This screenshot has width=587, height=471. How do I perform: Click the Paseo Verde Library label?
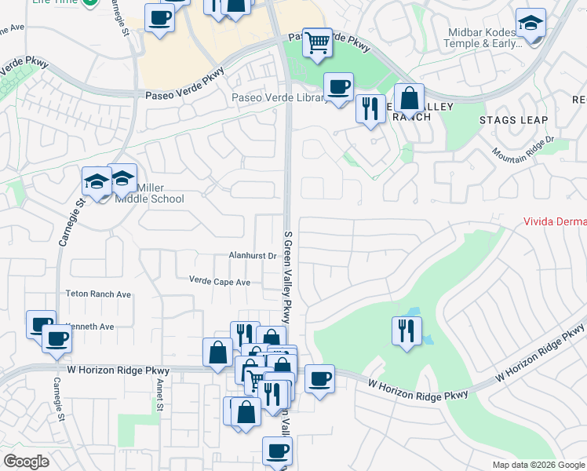coord(279,98)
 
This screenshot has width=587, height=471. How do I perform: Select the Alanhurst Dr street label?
coord(252,256)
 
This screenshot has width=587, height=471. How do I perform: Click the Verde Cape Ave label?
coord(220,281)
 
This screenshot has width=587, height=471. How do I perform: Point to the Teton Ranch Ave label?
coord(100,294)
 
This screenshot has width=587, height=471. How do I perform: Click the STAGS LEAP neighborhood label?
coord(509,120)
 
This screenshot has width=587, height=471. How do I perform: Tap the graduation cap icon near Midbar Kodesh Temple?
coord(531,23)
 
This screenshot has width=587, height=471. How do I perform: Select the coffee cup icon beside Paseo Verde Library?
coord(338,87)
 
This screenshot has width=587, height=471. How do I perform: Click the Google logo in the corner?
coord(26,461)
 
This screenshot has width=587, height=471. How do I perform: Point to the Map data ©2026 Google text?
coord(538,465)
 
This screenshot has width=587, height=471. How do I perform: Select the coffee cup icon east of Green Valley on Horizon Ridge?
coord(319,379)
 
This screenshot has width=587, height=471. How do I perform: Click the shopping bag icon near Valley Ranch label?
coord(409,99)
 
